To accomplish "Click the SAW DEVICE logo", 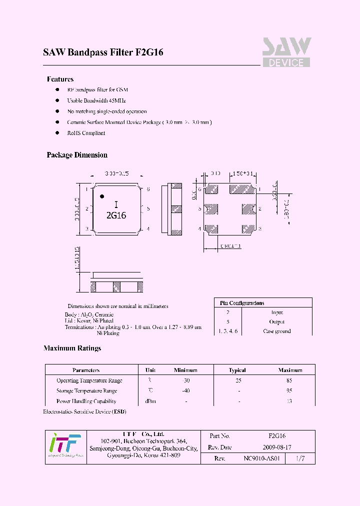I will (286, 52).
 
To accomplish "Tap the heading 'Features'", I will (60, 79).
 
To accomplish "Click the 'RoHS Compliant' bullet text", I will (86, 133).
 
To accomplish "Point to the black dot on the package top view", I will (102, 196).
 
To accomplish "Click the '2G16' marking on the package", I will (116, 215).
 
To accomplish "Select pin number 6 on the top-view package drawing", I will (148, 189).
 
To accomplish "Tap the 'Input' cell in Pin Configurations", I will (276, 312).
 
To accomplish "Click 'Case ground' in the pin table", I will (276, 331).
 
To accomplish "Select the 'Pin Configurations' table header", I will (242, 303).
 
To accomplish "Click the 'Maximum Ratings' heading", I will (72, 348).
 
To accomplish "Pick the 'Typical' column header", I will (237, 370).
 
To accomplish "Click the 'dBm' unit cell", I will (150, 401).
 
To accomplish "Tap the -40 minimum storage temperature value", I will (186, 390).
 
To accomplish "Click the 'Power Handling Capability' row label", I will (86, 401).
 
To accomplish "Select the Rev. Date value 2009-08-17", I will (276, 447).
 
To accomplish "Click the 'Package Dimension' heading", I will (77, 155).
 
